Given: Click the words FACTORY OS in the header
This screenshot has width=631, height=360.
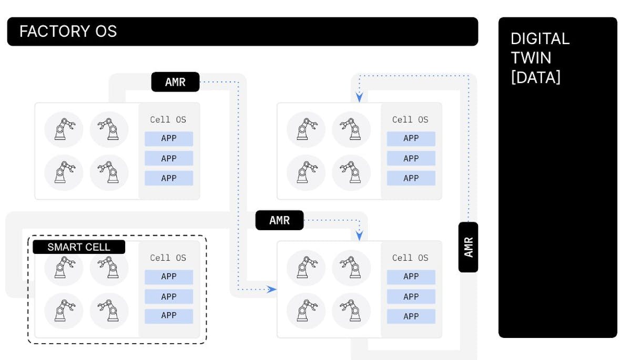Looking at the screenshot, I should coord(68,32).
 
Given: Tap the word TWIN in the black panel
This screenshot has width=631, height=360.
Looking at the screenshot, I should coord(532,58).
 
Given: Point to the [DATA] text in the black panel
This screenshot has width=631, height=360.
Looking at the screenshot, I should coord(536,78).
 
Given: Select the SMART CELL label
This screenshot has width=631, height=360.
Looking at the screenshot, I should coord(79,247).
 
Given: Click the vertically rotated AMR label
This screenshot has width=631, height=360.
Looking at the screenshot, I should coord(469,247).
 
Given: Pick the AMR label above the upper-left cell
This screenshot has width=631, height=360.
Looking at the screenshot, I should coord(175,82).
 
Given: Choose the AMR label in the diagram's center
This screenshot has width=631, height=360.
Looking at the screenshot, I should coord(279,220).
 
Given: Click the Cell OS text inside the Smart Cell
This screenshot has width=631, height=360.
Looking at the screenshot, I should coord(168,258).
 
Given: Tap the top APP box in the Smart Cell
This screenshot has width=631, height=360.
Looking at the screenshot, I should coord(169,276).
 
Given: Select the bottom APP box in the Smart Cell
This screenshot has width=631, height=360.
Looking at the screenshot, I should coord(169,316).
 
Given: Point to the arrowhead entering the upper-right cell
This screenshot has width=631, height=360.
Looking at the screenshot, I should coord(359,98).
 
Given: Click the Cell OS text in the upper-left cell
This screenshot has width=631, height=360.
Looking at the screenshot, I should coord(168,119).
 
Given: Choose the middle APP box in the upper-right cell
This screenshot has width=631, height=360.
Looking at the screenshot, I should coord(411,158).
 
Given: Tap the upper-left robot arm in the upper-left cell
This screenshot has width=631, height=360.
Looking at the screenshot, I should coord(64,129).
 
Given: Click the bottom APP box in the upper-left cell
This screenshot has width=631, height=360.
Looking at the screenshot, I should coord(169,178).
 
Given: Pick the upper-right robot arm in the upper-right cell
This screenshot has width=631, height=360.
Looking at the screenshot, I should coord(351,129).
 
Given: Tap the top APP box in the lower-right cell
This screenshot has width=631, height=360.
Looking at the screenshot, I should coord(411,276).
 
